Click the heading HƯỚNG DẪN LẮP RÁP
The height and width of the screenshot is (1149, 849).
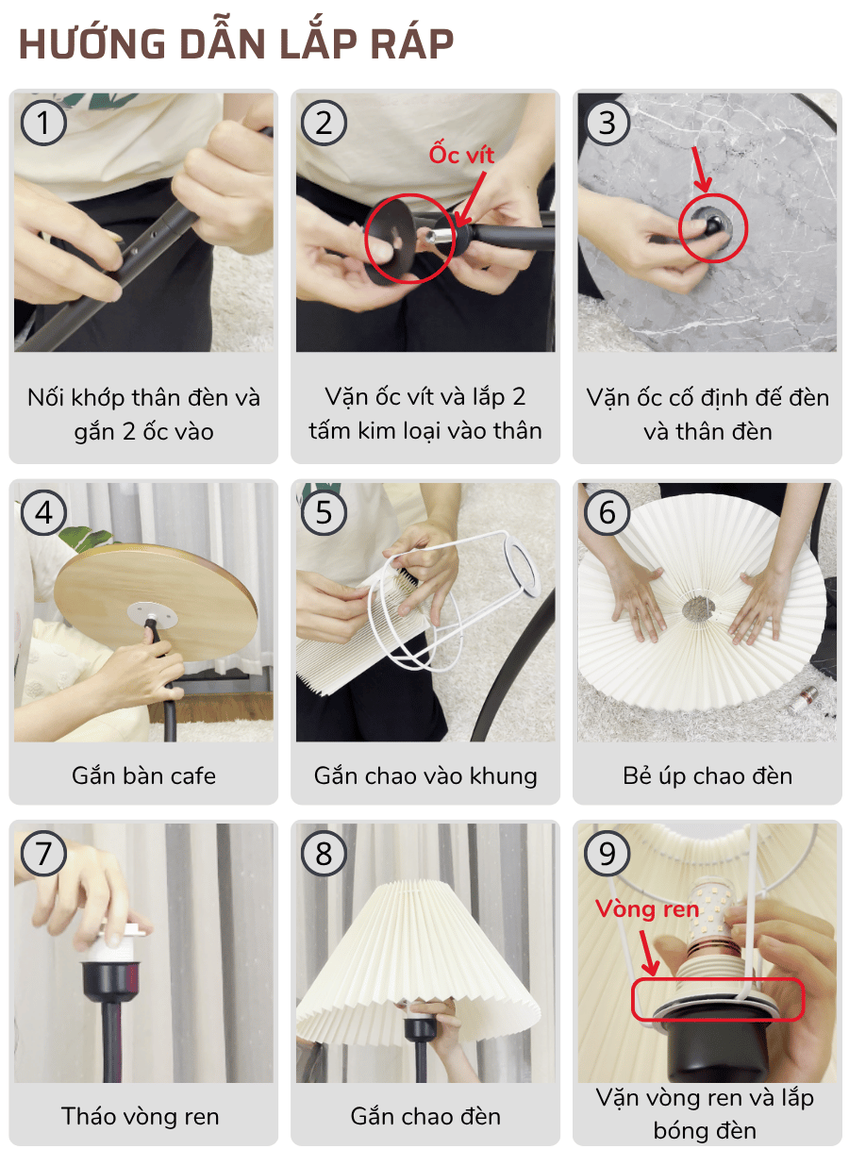click(x=236, y=44)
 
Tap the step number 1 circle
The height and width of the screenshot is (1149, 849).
click(x=43, y=123)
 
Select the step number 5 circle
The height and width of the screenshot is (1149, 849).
click(x=325, y=512)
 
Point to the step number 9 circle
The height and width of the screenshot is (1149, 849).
click(x=607, y=854)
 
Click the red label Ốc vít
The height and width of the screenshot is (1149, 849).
click(x=461, y=154)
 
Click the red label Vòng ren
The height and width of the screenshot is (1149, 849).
click(x=647, y=909)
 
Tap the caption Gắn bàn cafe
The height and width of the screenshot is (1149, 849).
click(x=143, y=776)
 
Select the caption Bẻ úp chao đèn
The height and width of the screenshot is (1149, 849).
click(x=707, y=776)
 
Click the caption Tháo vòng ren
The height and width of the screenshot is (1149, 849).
click(x=141, y=1117)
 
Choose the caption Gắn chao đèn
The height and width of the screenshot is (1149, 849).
click(x=425, y=1117)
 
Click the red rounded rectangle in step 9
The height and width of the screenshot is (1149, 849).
click(x=718, y=999)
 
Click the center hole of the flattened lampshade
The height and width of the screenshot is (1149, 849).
click(x=698, y=608)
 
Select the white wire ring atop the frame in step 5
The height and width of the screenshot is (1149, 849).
click(x=513, y=563)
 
